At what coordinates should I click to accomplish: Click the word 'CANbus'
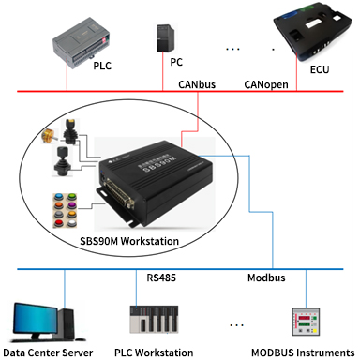click(199, 83)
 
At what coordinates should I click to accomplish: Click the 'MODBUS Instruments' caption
click(297, 351)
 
